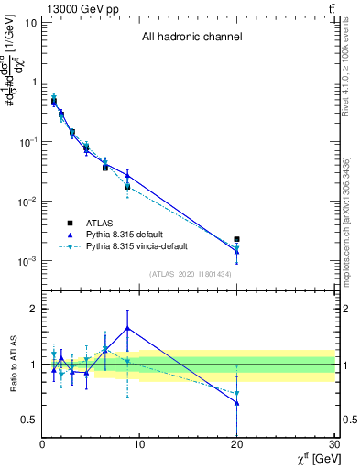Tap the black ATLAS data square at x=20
(236, 239)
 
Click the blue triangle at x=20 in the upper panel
(236, 251)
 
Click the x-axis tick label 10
(139, 444)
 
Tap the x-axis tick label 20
(236, 444)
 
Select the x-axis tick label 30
(333, 444)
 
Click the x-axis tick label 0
(42, 444)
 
